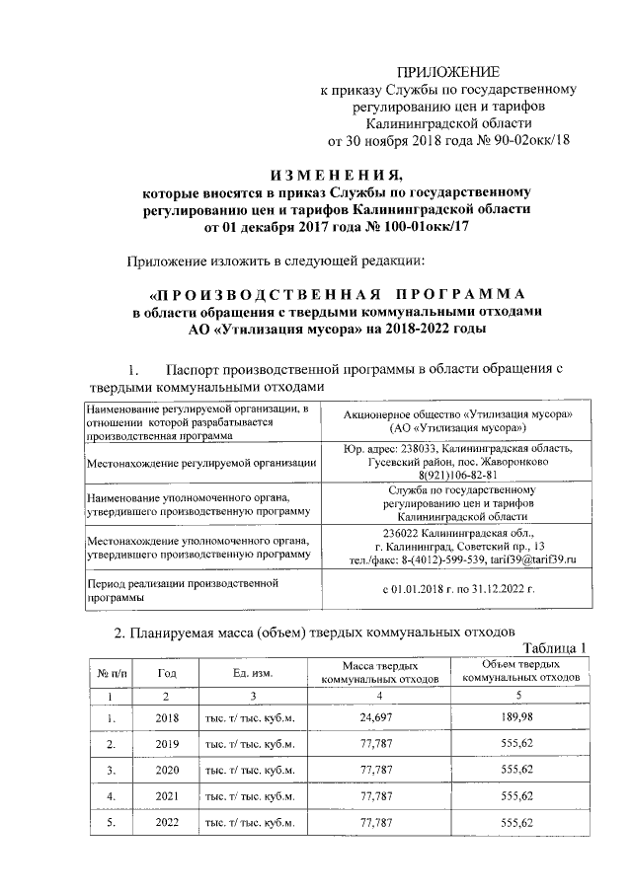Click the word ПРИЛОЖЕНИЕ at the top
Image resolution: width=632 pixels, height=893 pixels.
pyautogui.click(x=448, y=72)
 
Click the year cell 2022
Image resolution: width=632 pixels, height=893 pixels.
pyautogui.click(x=168, y=822)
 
